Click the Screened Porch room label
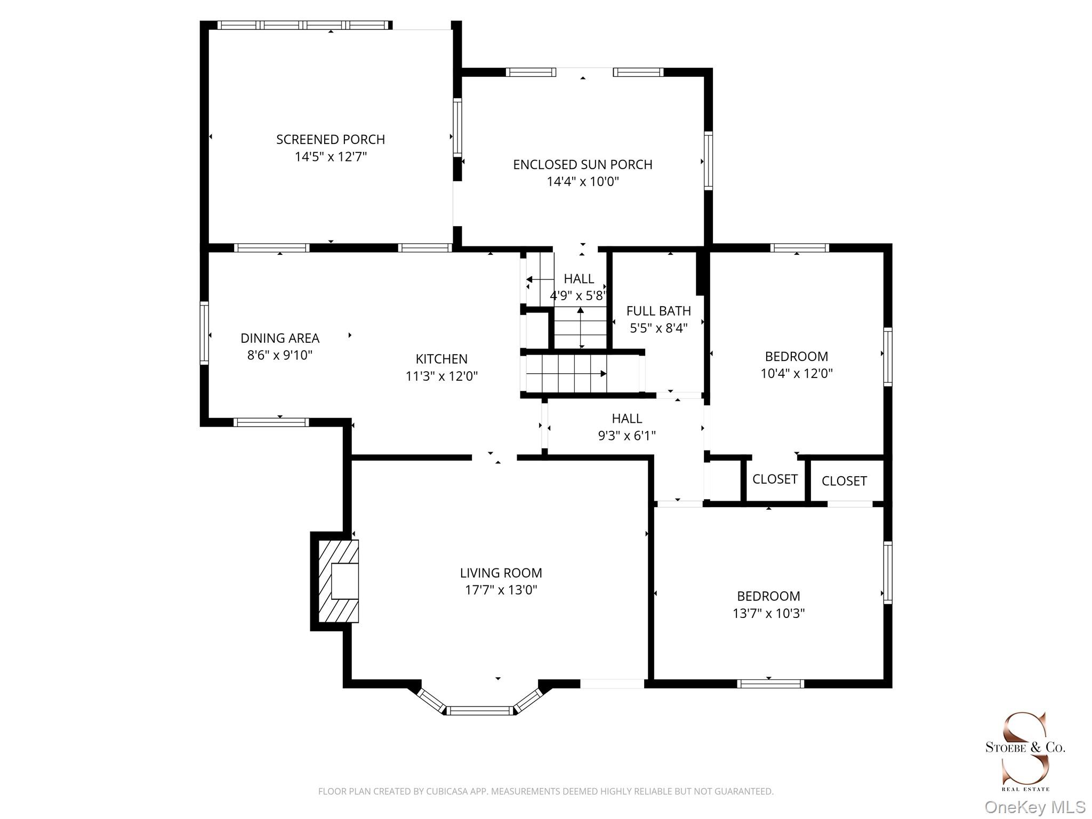point(331,140)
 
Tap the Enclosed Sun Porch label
point(583,165)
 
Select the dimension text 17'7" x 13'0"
point(501,590)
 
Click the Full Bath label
point(659,311)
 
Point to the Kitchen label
point(441,359)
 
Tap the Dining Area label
point(280,338)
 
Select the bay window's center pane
point(479,710)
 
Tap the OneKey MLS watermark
point(1034,807)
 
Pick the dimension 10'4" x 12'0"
point(797,373)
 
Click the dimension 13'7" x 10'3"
point(769,613)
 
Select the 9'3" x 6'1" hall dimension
point(627,436)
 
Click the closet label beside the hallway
point(775,479)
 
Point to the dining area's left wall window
point(204,333)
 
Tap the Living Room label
point(501,573)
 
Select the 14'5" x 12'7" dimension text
point(331,157)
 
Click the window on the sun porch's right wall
point(708,161)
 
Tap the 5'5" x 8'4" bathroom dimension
point(659,328)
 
